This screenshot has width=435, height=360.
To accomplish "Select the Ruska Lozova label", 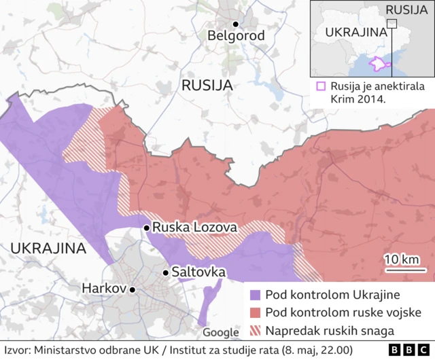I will (x=194, y=228).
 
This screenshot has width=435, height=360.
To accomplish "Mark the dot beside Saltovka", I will (x=164, y=272).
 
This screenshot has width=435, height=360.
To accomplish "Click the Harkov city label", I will (x=104, y=289).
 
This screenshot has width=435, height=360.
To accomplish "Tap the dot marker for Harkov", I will (x=133, y=289).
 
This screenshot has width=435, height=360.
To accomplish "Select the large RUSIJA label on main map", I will (x=207, y=86).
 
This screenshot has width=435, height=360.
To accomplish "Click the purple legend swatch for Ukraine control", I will (x=255, y=295).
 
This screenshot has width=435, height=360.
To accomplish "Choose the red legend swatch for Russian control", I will (x=255, y=313).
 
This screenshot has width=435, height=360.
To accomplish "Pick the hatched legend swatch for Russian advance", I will (x=255, y=331).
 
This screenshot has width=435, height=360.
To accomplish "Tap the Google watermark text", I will (x=221, y=332).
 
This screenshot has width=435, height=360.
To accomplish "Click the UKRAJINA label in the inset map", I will (x=353, y=33).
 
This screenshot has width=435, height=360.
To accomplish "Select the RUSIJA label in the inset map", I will (x=406, y=10).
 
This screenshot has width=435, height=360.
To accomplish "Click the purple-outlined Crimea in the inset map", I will (x=377, y=65).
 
